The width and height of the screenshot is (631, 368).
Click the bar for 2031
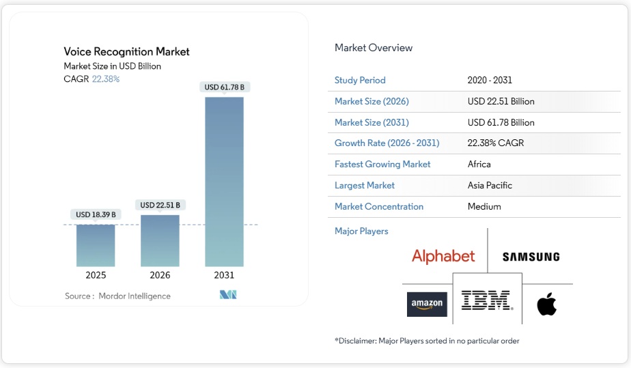[x=224, y=181]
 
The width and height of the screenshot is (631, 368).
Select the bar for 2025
[x=96, y=245]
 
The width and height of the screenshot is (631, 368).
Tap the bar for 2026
[x=160, y=240]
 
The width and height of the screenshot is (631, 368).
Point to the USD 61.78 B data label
[x=224, y=87]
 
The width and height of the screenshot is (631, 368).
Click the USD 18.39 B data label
[x=96, y=214]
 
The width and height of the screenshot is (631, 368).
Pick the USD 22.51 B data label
[x=160, y=205]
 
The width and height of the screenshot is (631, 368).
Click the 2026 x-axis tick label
[x=160, y=275]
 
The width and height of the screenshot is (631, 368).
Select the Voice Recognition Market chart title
[x=126, y=52]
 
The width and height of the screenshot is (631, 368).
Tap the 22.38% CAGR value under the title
[x=106, y=79]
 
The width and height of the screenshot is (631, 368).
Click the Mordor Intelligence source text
[x=134, y=296]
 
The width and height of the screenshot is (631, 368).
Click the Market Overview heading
[x=374, y=48]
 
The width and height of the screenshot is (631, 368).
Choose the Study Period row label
[x=360, y=81]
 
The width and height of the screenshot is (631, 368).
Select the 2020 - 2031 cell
[x=490, y=81]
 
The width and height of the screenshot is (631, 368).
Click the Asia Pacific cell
[x=490, y=185]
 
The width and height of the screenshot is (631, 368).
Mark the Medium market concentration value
[x=484, y=206]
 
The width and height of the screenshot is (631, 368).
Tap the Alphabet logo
[x=443, y=257]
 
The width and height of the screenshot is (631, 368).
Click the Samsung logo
[x=531, y=257]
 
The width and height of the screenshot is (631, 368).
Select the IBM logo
[x=487, y=300]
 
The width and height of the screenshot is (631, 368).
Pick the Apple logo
[x=546, y=304]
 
